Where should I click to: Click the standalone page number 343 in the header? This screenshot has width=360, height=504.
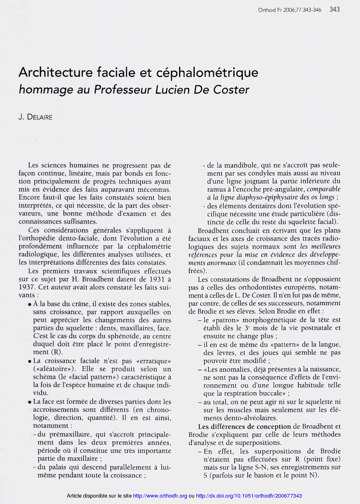[334, 9]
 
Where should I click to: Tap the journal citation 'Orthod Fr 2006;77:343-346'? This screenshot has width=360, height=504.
[290, 10]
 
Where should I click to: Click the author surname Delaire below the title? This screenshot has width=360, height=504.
[39, 117]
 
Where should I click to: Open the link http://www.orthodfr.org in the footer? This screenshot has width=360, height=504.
[160, 496]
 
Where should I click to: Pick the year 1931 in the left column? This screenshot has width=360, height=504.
[153, 280]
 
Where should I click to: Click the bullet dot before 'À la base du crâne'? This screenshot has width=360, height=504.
[29, 304]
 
